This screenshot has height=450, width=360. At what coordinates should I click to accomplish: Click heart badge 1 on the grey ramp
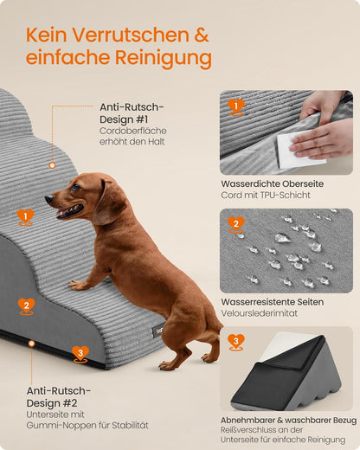(x=25, y=216)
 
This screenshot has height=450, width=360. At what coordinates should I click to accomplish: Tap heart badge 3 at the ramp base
(x=80, y=353)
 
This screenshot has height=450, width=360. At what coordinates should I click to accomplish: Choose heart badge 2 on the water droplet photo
(x=235, y=224)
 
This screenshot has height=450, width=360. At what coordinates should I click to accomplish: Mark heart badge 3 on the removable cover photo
(x=235, y=341)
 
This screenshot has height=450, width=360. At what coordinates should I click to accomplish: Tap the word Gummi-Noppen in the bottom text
(x=57, y=425)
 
